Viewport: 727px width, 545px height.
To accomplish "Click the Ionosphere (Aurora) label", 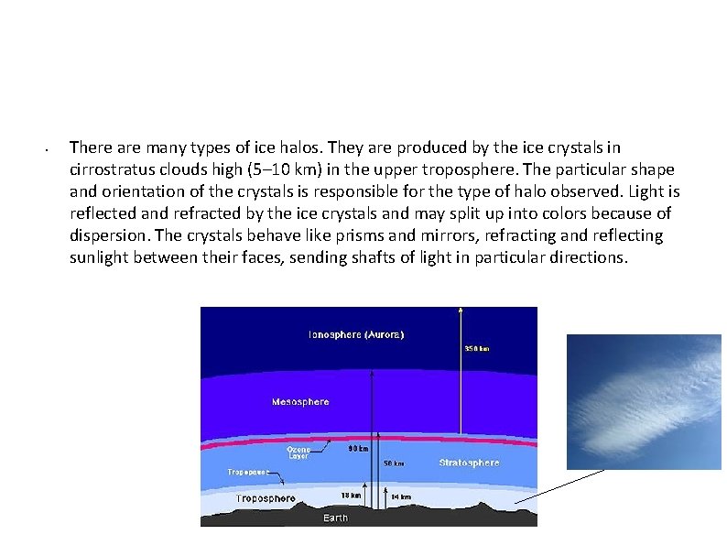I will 356,334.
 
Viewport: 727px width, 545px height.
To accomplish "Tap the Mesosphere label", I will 299,402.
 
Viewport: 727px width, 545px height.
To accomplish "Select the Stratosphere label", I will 469,463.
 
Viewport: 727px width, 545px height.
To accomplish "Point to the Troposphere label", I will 266,499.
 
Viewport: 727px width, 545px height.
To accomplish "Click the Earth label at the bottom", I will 335,518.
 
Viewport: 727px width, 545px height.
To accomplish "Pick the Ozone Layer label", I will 298,452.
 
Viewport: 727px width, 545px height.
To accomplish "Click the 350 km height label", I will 476,349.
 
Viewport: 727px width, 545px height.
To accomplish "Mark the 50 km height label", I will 394,463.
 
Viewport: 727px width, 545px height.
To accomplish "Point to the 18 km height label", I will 351,496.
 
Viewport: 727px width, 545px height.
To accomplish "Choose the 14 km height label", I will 400,497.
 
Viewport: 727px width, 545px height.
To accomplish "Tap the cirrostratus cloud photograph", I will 644,401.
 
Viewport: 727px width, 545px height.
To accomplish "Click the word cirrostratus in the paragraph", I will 114,169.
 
